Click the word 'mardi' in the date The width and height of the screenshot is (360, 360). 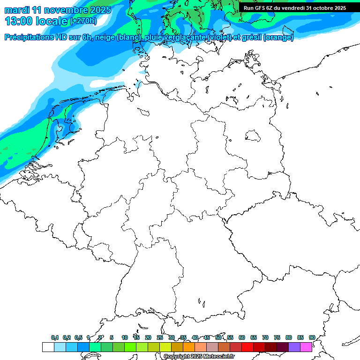(17, 10)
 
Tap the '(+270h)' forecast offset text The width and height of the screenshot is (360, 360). (83, 21)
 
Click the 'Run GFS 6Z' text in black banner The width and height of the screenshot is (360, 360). (261, 7)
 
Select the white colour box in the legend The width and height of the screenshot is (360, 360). (48, 347)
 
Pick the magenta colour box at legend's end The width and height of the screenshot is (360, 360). (306, 347)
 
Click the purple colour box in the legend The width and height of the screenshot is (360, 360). (294, 347)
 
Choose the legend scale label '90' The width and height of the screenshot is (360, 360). (312, 337)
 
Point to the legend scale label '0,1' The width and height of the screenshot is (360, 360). (55, 337)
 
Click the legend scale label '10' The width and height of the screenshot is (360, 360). (125, 337)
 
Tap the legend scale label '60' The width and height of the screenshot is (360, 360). (242, 337)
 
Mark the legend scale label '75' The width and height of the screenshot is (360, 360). (277, 337)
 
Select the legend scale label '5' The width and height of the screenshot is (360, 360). (112, 337)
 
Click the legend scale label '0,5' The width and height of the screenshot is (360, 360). (78, 337)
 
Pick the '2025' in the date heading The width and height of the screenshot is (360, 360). (100, 10)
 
